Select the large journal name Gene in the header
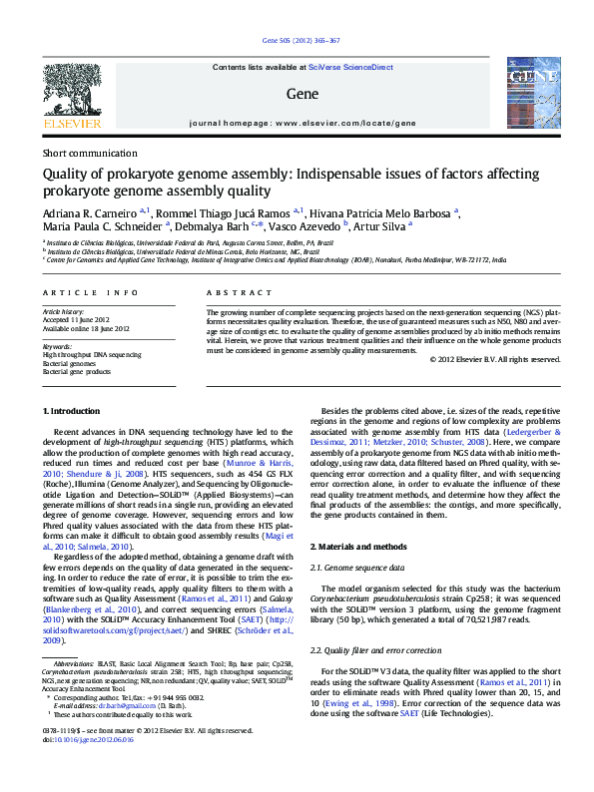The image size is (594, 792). point(300,95)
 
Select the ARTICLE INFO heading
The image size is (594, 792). point(91,292)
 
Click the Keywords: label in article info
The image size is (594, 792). point(57,346)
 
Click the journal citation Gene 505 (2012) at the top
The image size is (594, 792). point(300,41)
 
